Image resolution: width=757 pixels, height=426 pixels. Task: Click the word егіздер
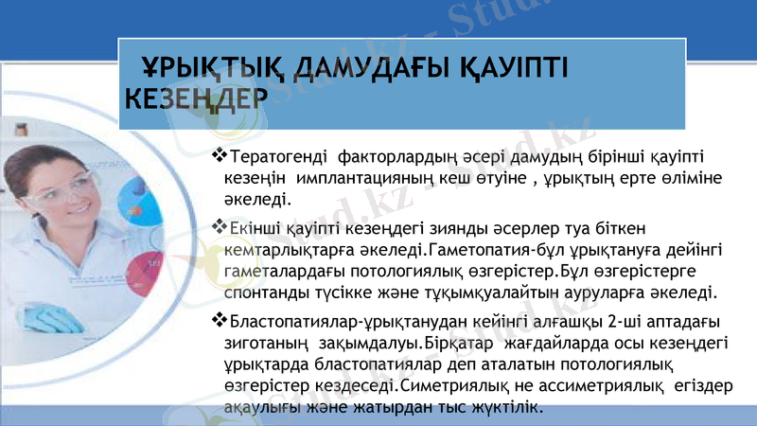(x=703, y=386)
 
